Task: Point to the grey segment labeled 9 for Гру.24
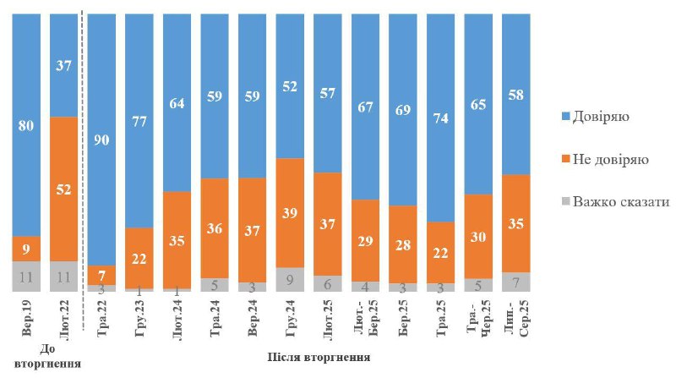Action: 290,280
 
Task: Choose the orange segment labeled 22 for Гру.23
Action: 139,258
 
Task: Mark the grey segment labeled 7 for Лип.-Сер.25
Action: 515,282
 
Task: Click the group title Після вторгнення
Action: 319,358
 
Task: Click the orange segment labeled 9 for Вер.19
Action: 25,249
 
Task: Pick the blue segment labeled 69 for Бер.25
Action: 403,110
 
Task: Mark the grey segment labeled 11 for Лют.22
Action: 63,276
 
